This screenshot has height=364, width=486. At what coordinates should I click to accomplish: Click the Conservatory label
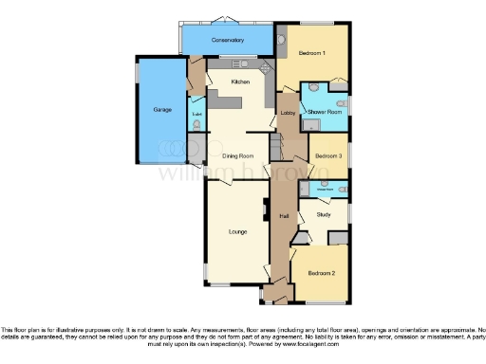[228, 41]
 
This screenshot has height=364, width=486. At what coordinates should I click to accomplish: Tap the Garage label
[162, 110]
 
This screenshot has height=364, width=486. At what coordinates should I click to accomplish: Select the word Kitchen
[240, 82]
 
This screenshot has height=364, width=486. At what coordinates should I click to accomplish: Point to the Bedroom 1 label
[312, 53]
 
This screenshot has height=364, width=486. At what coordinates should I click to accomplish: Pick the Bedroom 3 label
[328, 155]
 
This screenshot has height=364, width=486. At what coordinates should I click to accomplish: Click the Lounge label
[237, 230]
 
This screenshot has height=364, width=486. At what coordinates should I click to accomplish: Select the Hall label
[283, 217]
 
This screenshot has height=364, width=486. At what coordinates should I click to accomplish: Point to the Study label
[323, 216]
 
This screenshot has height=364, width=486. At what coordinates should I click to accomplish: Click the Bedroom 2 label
[320, 274]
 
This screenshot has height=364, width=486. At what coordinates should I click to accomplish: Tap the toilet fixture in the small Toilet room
[196, 123]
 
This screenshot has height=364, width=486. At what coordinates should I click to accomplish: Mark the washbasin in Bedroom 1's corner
[284, 39]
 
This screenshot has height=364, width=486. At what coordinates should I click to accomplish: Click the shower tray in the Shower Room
[309, 122]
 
